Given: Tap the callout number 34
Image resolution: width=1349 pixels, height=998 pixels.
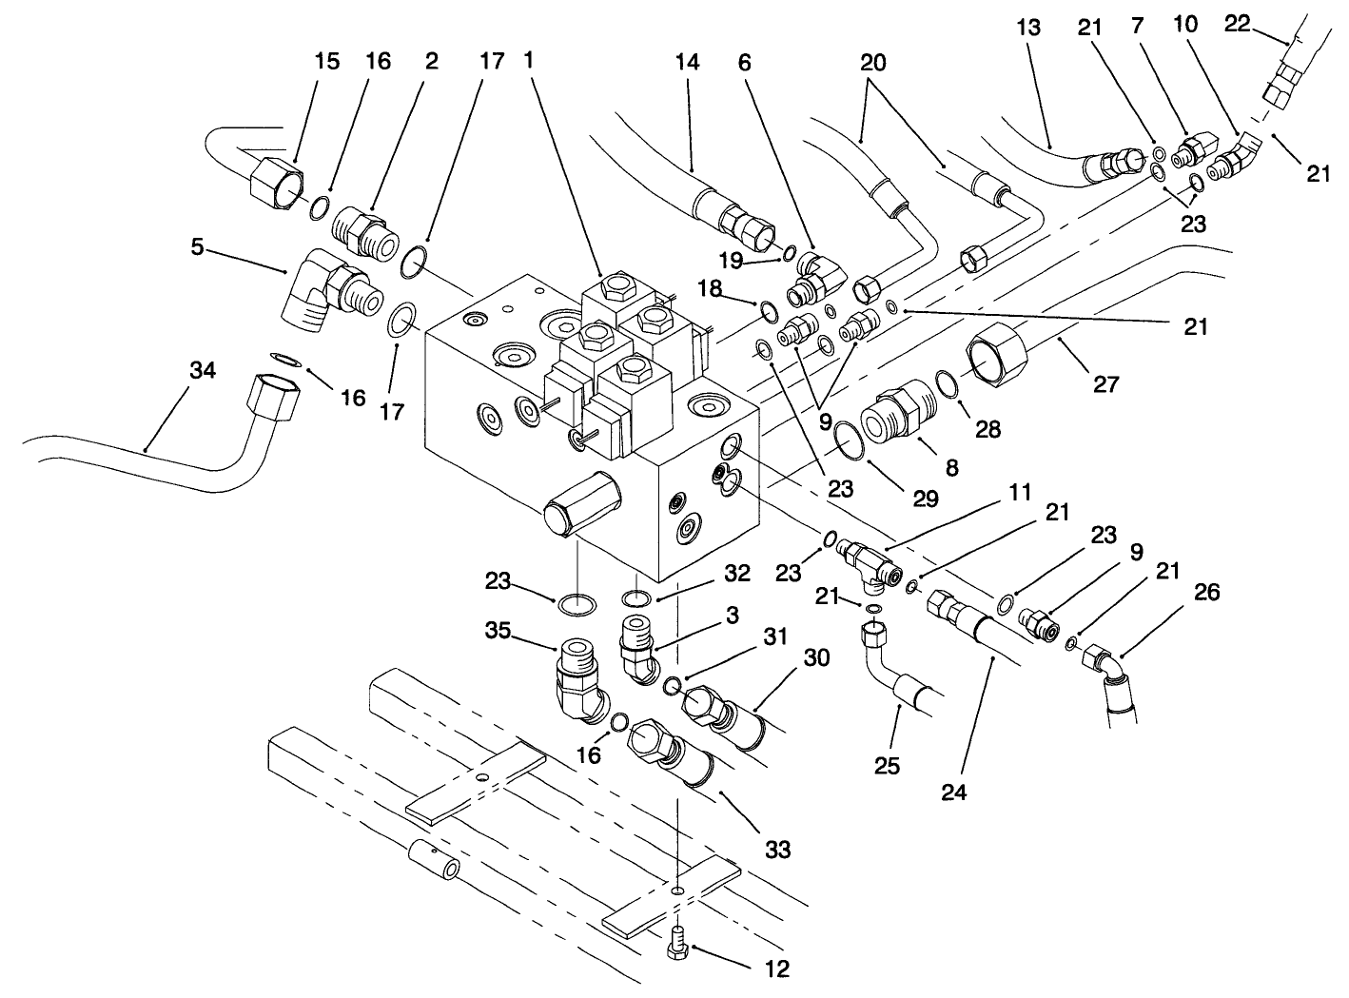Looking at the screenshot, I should [x=203, y=371].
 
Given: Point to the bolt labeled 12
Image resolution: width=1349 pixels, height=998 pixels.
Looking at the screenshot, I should [x=677, y=938].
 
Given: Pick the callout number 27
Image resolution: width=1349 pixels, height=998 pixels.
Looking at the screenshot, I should [x=1105, y=384].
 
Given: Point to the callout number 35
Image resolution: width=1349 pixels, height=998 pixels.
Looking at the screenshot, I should [x=521, y=631].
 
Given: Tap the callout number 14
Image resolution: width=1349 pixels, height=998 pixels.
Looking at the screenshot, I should [x=687, y=62].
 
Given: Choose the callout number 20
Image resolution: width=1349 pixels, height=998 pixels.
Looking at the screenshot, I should [x=872, y=63].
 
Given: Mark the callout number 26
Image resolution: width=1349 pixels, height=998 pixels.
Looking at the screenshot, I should [x=1206, y=594].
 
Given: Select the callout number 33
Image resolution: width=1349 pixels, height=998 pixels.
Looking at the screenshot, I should [x=777, y=850].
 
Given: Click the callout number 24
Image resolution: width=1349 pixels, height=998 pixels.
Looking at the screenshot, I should [x=954, y=791].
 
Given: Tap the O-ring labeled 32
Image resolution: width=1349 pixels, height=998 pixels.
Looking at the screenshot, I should [x=636, y=598].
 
